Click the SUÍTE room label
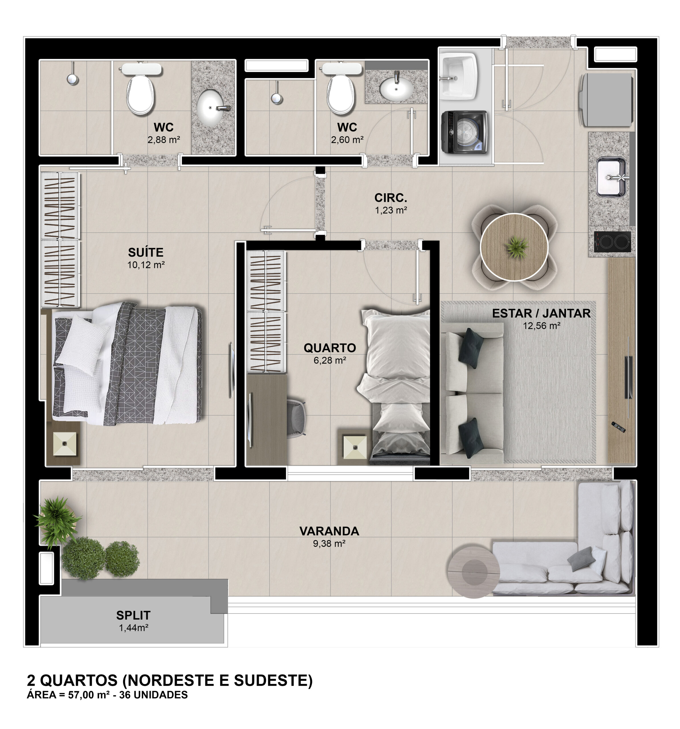(146, 253)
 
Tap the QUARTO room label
(329, 348)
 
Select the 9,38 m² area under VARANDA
(329, 543)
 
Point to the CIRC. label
(390, 198)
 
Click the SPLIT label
(133, 615)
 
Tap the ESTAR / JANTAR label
(541, 314)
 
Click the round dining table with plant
(514, 247)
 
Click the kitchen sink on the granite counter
(611, 177)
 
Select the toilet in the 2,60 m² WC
(341, 88)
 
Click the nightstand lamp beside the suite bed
(65, 444)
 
